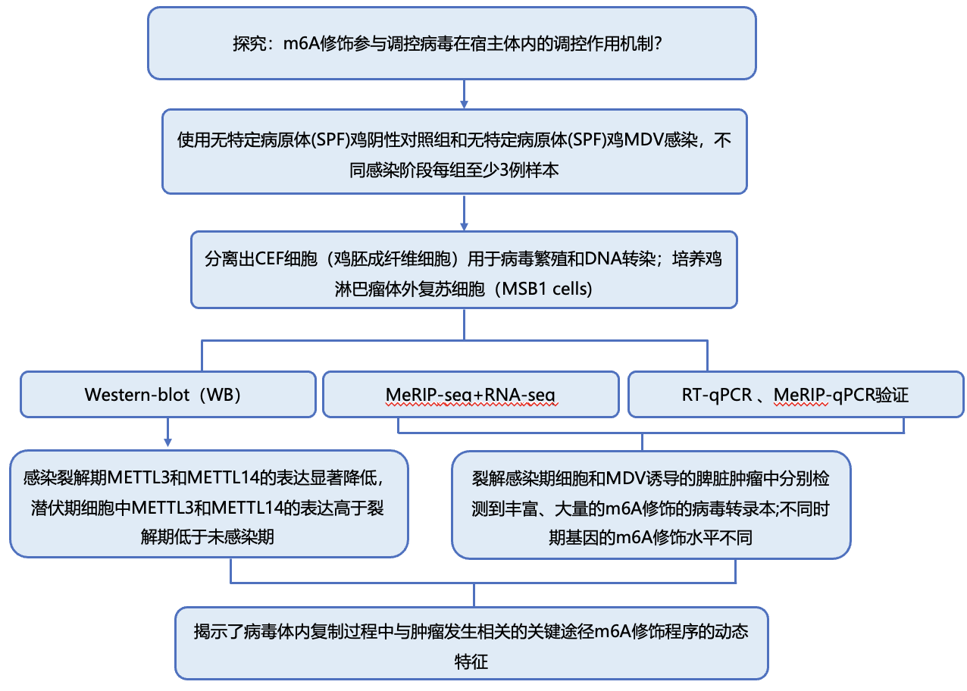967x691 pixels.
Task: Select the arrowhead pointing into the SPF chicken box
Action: [x=464, y=105]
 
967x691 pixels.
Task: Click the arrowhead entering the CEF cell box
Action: [x=464, y=227]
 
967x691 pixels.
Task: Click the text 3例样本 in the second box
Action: [x=529, y=170]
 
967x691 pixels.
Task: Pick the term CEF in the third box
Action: [x=269, y=259]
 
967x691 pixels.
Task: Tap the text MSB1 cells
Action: [x=547, y=289]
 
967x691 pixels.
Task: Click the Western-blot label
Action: [x=137, y=395]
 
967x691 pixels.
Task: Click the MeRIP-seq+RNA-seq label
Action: [x=471, y=395]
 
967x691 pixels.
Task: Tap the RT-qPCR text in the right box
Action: [x=717, y=395]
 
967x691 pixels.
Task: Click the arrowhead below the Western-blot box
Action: [x=168, y=442]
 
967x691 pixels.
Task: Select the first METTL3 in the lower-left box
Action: [x=138, y=478]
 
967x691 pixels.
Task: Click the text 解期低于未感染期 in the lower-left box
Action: [x=207, y=538]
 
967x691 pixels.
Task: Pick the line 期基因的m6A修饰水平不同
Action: [x=650, y=538]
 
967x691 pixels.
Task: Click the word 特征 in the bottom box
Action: [x=471, y=662]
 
